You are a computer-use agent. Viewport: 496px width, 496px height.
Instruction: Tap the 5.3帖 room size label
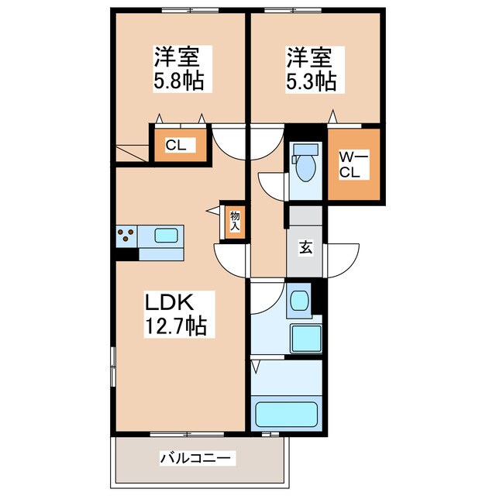coord(314,81)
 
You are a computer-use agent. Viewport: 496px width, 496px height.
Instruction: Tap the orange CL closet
coord(179,145)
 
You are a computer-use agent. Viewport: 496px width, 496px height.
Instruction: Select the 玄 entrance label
coord(306,248)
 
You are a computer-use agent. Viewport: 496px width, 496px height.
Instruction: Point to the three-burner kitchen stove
coord(127,235)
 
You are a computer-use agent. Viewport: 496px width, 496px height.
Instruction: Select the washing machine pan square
coord(305,339)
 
